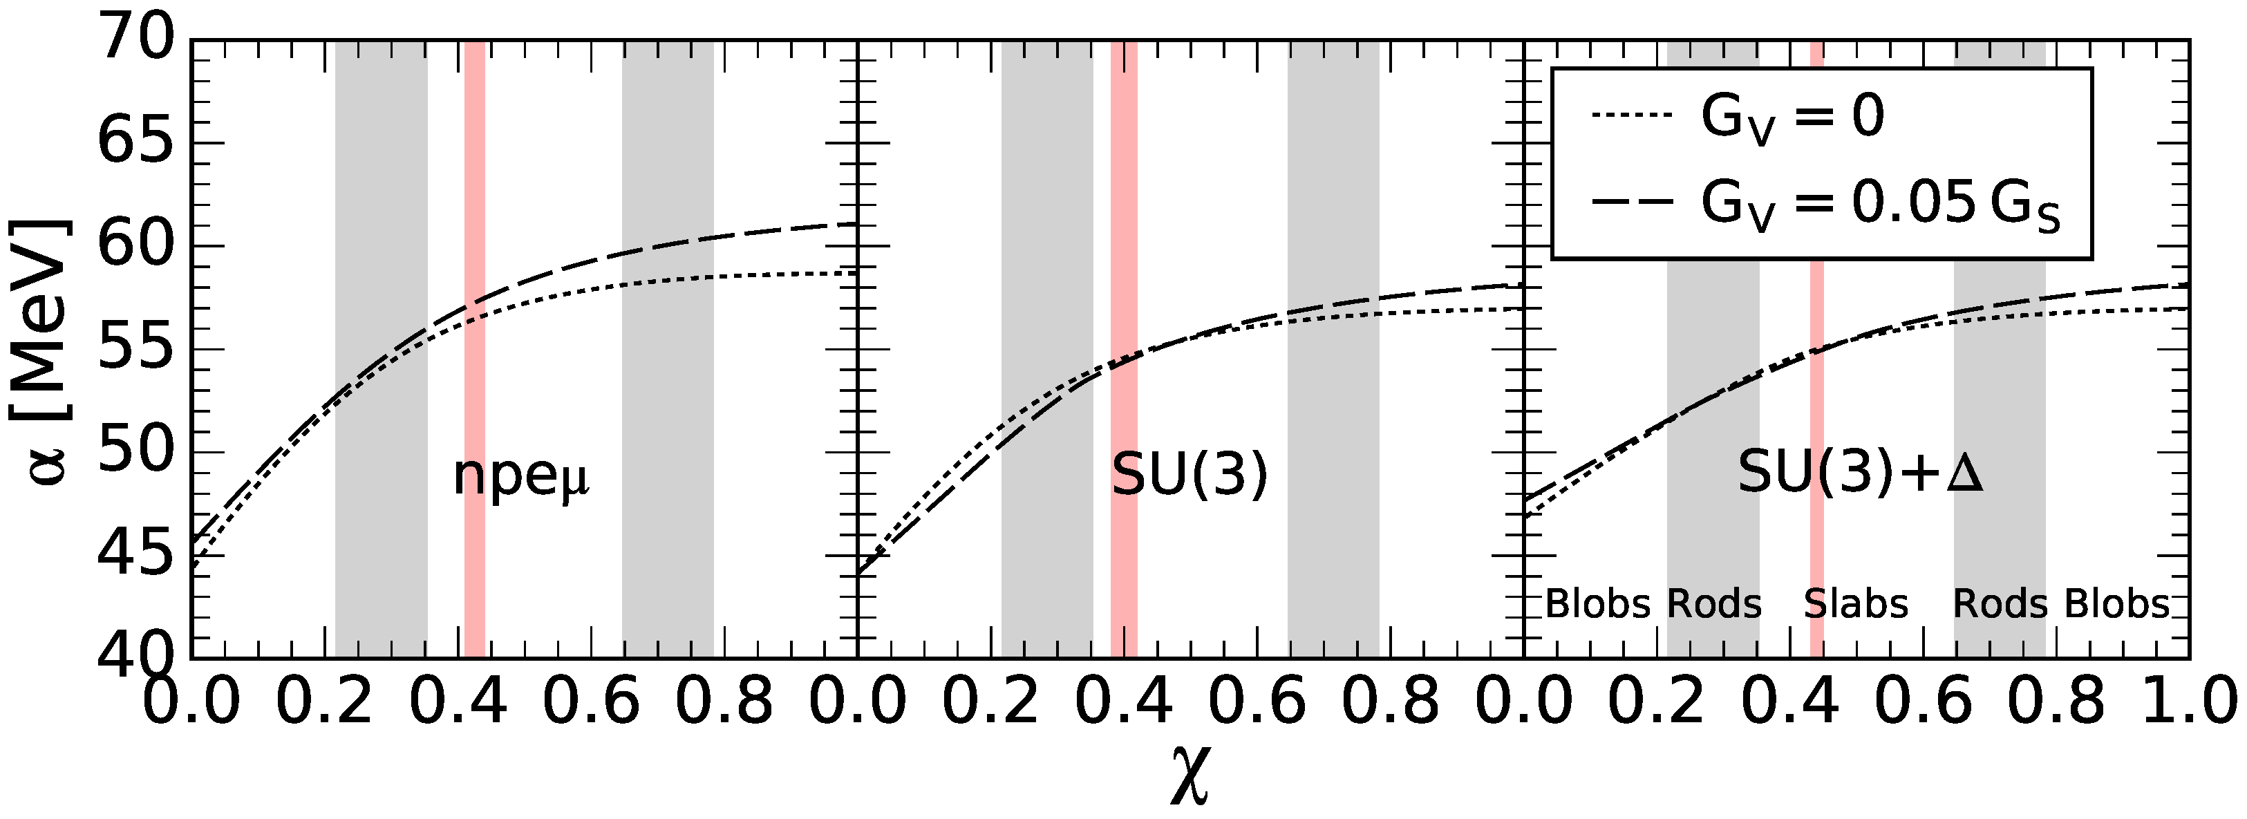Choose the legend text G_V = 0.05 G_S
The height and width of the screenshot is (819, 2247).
(1881, 206)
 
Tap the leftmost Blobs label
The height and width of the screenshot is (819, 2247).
(1598, 603)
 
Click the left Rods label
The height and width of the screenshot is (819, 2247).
(1715, 603)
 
